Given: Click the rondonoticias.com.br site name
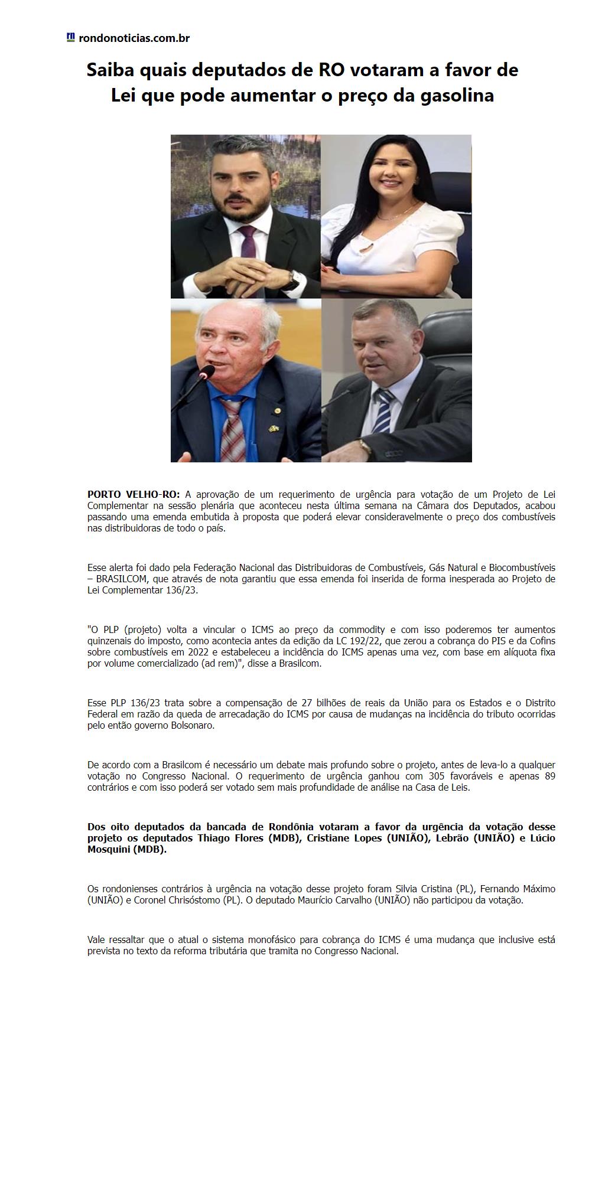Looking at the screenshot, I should [134, 38].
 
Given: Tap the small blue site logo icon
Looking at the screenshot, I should [70, 37].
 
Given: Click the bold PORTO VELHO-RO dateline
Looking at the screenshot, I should [134, 494].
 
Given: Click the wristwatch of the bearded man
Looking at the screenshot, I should [290, 279].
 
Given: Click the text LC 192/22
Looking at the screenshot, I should [360, 641].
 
